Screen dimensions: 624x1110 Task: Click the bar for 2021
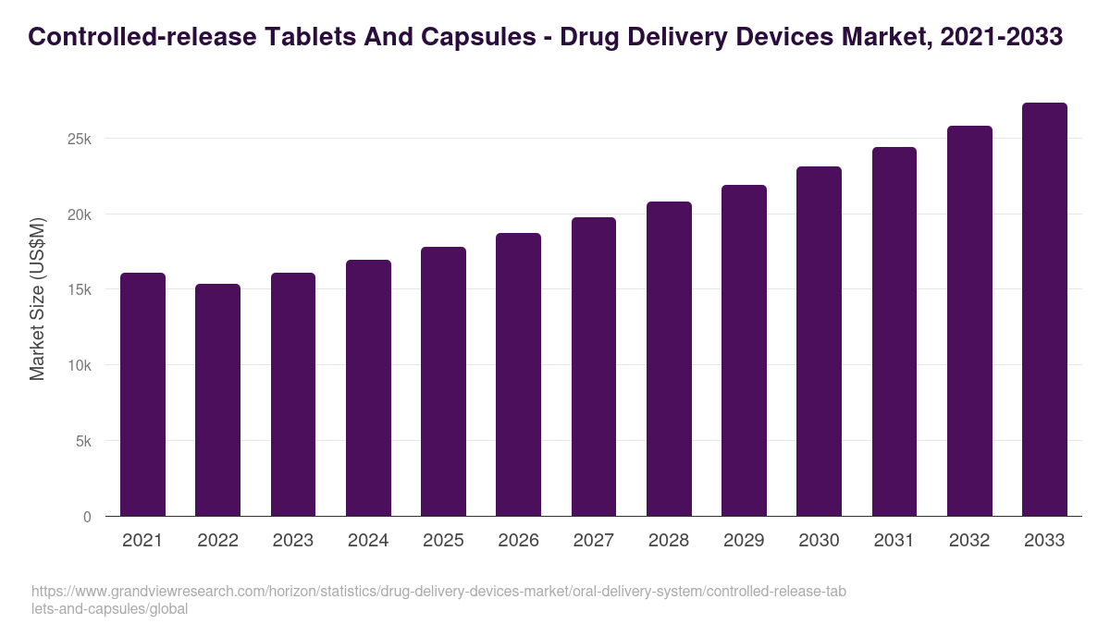142,395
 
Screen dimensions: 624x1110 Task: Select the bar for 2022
217,400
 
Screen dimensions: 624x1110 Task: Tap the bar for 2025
443,382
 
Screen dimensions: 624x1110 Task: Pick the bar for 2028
669,359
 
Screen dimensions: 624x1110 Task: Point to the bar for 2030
819,341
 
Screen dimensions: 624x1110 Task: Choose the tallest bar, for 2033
1044,310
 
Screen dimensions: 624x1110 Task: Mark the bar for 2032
969,321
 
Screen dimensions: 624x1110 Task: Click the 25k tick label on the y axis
79,139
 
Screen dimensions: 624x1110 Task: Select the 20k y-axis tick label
79,214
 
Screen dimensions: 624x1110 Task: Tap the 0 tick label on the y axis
87,517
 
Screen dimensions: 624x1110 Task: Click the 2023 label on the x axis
292,541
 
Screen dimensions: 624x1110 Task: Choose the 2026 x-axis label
518,541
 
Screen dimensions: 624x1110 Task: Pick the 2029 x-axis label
744,541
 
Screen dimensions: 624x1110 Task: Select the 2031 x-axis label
894,541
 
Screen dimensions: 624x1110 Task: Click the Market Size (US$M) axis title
37,299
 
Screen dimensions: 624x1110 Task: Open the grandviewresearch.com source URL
438,599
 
